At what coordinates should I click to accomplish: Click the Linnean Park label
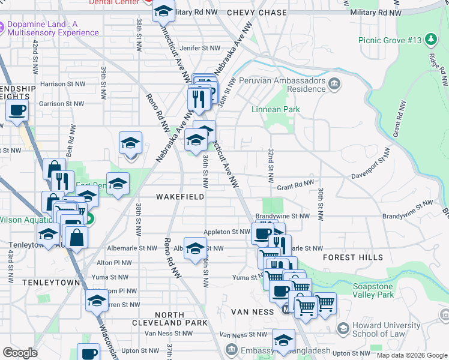276,110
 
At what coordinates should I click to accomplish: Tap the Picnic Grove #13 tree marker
430,40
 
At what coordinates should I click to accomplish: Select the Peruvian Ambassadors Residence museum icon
334,84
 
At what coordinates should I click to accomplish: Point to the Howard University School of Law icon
343,329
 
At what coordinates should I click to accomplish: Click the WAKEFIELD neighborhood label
180,197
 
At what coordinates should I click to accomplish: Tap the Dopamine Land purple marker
12,28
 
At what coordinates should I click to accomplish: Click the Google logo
20,353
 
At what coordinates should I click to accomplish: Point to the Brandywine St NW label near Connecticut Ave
282,216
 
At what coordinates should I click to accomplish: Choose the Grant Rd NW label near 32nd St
295,185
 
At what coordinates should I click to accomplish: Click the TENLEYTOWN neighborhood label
43,282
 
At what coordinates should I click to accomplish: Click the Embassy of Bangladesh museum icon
231,349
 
